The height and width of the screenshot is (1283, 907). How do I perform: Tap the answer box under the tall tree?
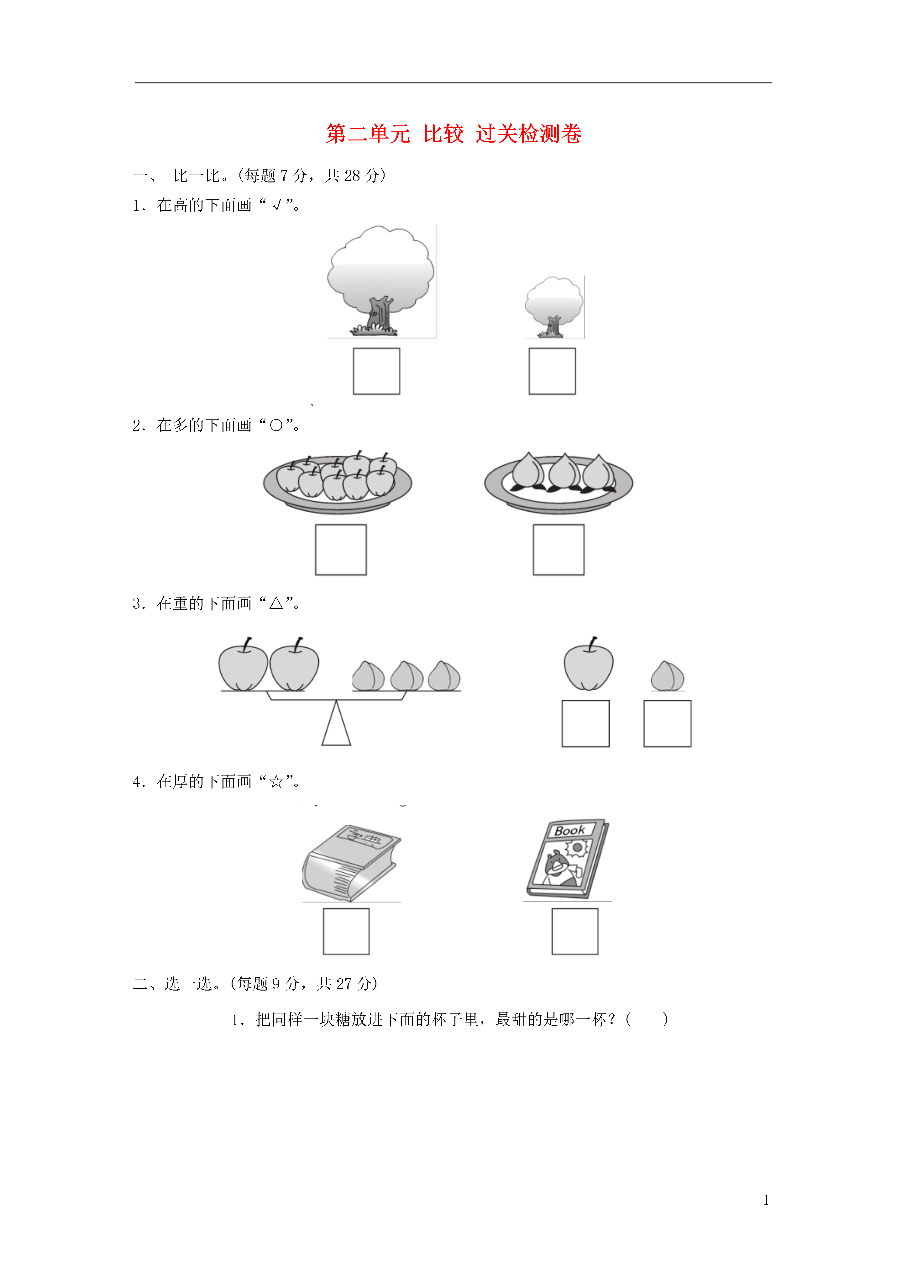coord(376,371)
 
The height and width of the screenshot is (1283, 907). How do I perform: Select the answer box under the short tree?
coord(552,371)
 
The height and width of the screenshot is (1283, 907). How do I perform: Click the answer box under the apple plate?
coord(341,549)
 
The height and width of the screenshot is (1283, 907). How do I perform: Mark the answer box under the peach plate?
coord(558,549)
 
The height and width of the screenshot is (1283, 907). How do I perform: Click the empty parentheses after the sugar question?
coord(647,1019)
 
